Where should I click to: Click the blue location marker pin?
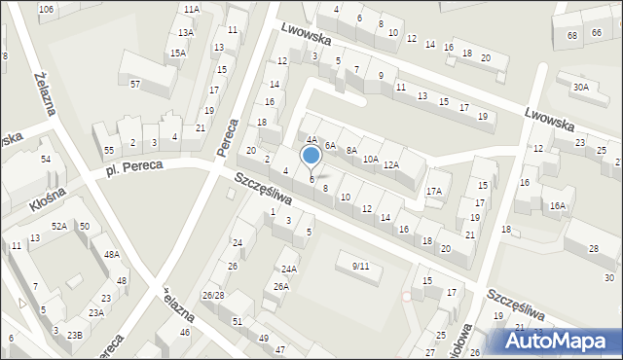pyautogui.click(x=311, y=156)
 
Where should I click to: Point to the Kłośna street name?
pyautogui.click(x=46, y=201)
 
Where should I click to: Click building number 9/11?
pyautogui.click(x=361, y=266)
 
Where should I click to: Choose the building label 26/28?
pyautogui.click(x=213, y=295)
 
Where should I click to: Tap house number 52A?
pyautogui.click(x=59, y=227)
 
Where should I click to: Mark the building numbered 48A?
pyautogui.click(x=112, y=255)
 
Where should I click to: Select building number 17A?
pyautogui.click(x=434, y=192)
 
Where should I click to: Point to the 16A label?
pyautogui.click(x=557, y=205)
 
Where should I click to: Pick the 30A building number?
pyautogui.click(x=580, y=87)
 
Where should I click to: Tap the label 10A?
pyautogui.click(x=370, y=160)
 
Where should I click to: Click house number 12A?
pyautogui.click(x=390, y=164)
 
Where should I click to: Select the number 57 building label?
pyautogui.click(x=135, y=85)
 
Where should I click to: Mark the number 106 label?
pyautogui.click(x=46, y=9)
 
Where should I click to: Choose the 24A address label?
pyautogui.click(x=288, y=269)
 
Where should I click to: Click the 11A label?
pyautogui.click(x=191, y=9)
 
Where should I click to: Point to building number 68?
pyautogui.click(x=571, y=35)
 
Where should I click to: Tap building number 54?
pyautogui.click(x=46, y=159)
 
